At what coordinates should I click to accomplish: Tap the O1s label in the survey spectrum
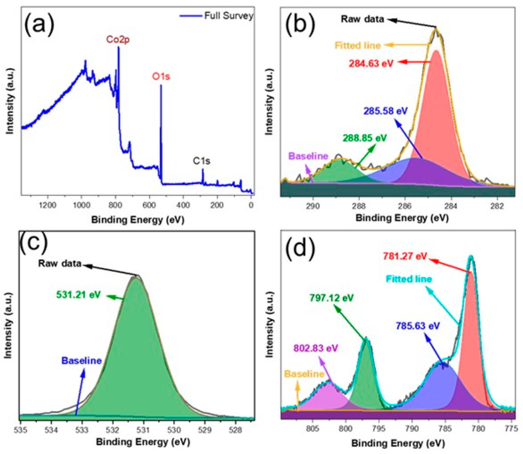(161, 76)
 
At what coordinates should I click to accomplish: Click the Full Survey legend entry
(228, 16)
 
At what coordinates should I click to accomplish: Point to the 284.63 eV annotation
(371, 63)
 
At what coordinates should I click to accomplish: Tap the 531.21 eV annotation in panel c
(78, 295)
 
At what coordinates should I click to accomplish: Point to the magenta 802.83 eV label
(315, 348)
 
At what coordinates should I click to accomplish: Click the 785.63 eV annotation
(418, 326)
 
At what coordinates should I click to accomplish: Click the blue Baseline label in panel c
(81, 361)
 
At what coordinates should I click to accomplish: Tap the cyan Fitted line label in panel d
(409, 279)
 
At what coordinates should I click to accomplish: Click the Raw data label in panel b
(362, 19)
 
